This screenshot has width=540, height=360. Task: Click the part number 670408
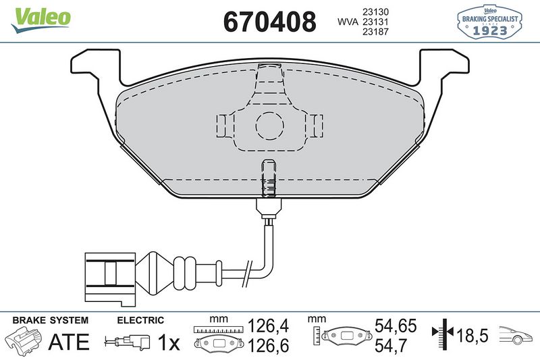[269, 22]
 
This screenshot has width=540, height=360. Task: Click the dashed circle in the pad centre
[269, 125]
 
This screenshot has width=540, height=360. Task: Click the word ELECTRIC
[140, 321]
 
